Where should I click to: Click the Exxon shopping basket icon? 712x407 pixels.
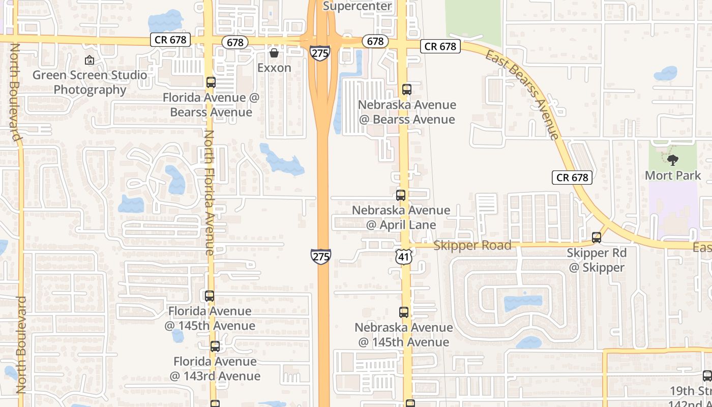(274, 53)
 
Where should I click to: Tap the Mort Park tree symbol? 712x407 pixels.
(673, 161)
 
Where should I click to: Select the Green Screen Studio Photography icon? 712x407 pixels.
(90, 61)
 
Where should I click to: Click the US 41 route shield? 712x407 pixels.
(403, 257)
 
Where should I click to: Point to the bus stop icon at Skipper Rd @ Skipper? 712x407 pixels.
(597, 238)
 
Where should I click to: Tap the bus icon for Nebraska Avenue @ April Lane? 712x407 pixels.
(401, 195)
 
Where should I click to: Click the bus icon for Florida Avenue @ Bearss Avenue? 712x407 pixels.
(211, 82)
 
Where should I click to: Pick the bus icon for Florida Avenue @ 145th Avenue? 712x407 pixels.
(210, 296)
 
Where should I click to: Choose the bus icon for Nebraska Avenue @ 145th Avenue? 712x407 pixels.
(404, 312)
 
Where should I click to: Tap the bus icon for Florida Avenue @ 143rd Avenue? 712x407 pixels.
(215, 346)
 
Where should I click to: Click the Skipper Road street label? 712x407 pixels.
(472, 246)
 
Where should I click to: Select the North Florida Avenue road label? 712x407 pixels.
(210, 192)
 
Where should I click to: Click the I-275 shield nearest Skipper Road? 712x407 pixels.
(321, 256)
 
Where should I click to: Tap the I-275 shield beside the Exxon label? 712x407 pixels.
(320, 53)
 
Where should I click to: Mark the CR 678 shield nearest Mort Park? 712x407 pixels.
(572, 178)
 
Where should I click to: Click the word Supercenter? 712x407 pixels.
(358, 6)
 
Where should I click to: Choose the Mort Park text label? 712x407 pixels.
(673, 176)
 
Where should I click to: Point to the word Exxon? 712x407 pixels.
(274, 68)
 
